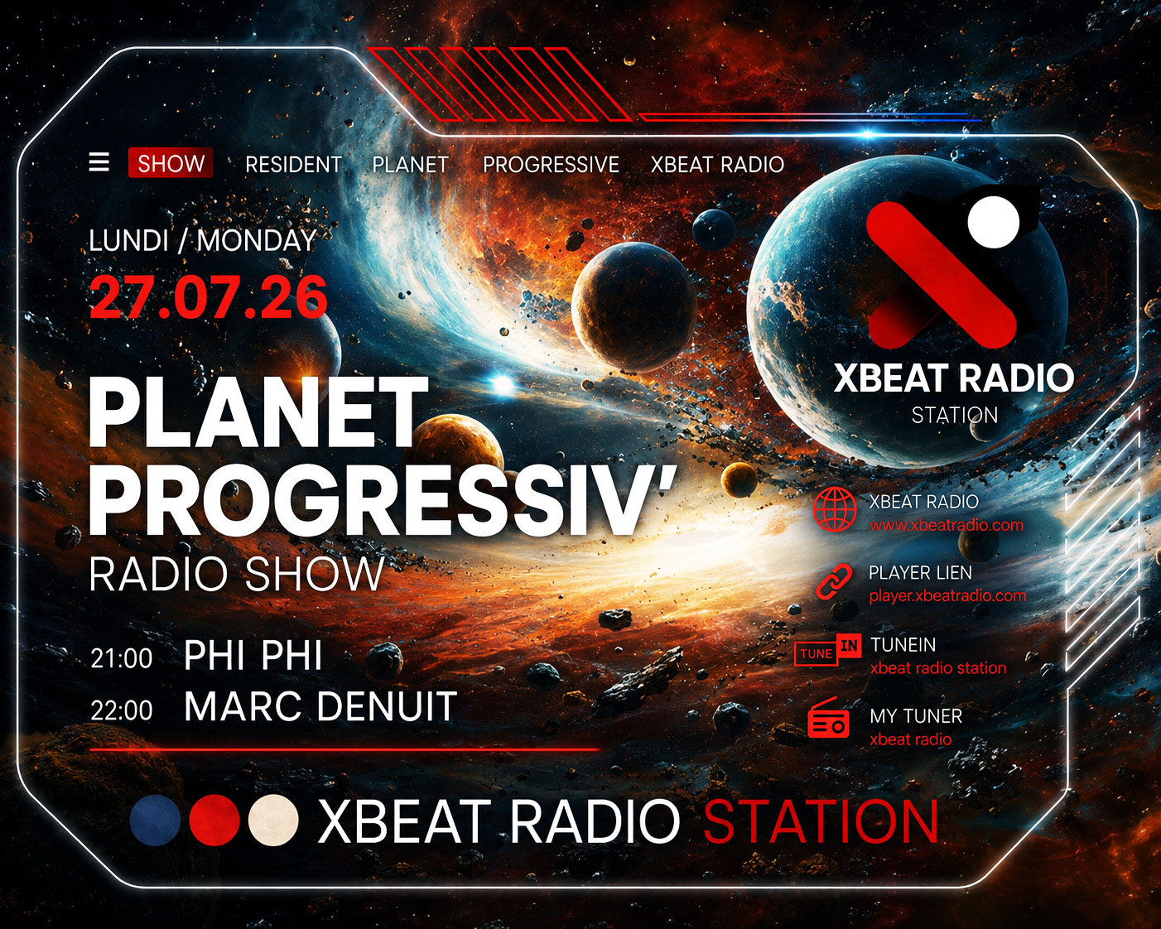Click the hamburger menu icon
99,161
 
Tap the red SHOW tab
171,163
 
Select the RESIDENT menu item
293,165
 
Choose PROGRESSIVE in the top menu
551,165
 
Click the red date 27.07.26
208,297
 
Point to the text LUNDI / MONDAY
202,241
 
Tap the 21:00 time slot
122,659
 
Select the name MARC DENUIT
320,706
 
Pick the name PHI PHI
253,656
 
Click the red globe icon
835,510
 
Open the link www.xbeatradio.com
947,525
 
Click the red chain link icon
834,581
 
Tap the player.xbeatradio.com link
947,596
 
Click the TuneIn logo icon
828,649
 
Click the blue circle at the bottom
155,820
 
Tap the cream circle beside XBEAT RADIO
273,820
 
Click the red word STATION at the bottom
821,821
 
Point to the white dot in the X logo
994,222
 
